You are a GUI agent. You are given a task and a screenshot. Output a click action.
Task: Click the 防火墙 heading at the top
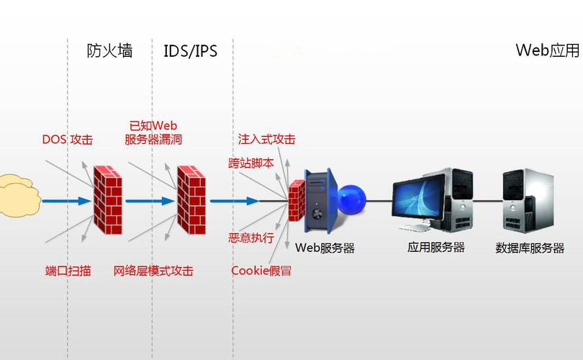pyautogui.click(x=109, y=51)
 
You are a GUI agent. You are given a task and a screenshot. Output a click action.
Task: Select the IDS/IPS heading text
pyautogui.click(x=190, y=51)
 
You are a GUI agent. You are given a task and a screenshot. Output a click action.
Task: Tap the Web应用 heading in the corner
pyautogui.click(x=548, y=50)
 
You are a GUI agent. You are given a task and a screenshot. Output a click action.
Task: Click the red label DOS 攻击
pyautogui.click(x=67, y=140)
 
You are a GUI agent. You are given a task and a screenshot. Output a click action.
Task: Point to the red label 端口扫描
pyautogui.click(x=68, y=271)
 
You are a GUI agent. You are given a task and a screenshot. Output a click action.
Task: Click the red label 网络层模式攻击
pyautogui.click(x=153, y=271)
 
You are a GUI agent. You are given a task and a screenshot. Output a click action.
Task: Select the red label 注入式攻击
pyautogui.click(x=266, y=139)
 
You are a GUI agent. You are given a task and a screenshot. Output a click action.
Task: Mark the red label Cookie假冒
pyautogui.click(x=261, y=271)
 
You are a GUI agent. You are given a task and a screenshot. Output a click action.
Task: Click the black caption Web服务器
pyautogui.click(x=325, y=248)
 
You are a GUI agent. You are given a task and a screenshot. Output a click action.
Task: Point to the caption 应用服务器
pyautogui.click(x=435, y=248)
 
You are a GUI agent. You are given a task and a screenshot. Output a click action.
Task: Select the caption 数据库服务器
pyautogui.click(x=530, y=248)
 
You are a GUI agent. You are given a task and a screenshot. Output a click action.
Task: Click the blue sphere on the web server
pyautogui.click(x=352, y=199)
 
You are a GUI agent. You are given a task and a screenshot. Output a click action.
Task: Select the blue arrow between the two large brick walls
pyautogui.click(x=150, y=201)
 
